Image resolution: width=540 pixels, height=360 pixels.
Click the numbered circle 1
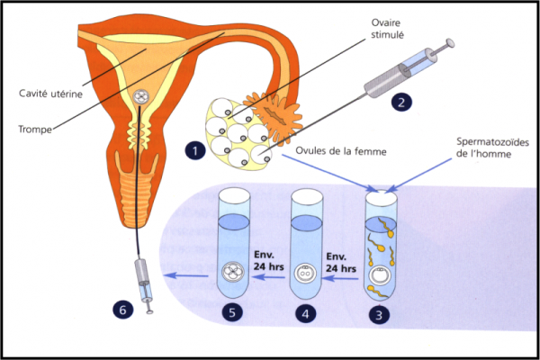(x=193, y=151)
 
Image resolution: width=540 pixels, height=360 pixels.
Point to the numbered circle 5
(x=233, y=315)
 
